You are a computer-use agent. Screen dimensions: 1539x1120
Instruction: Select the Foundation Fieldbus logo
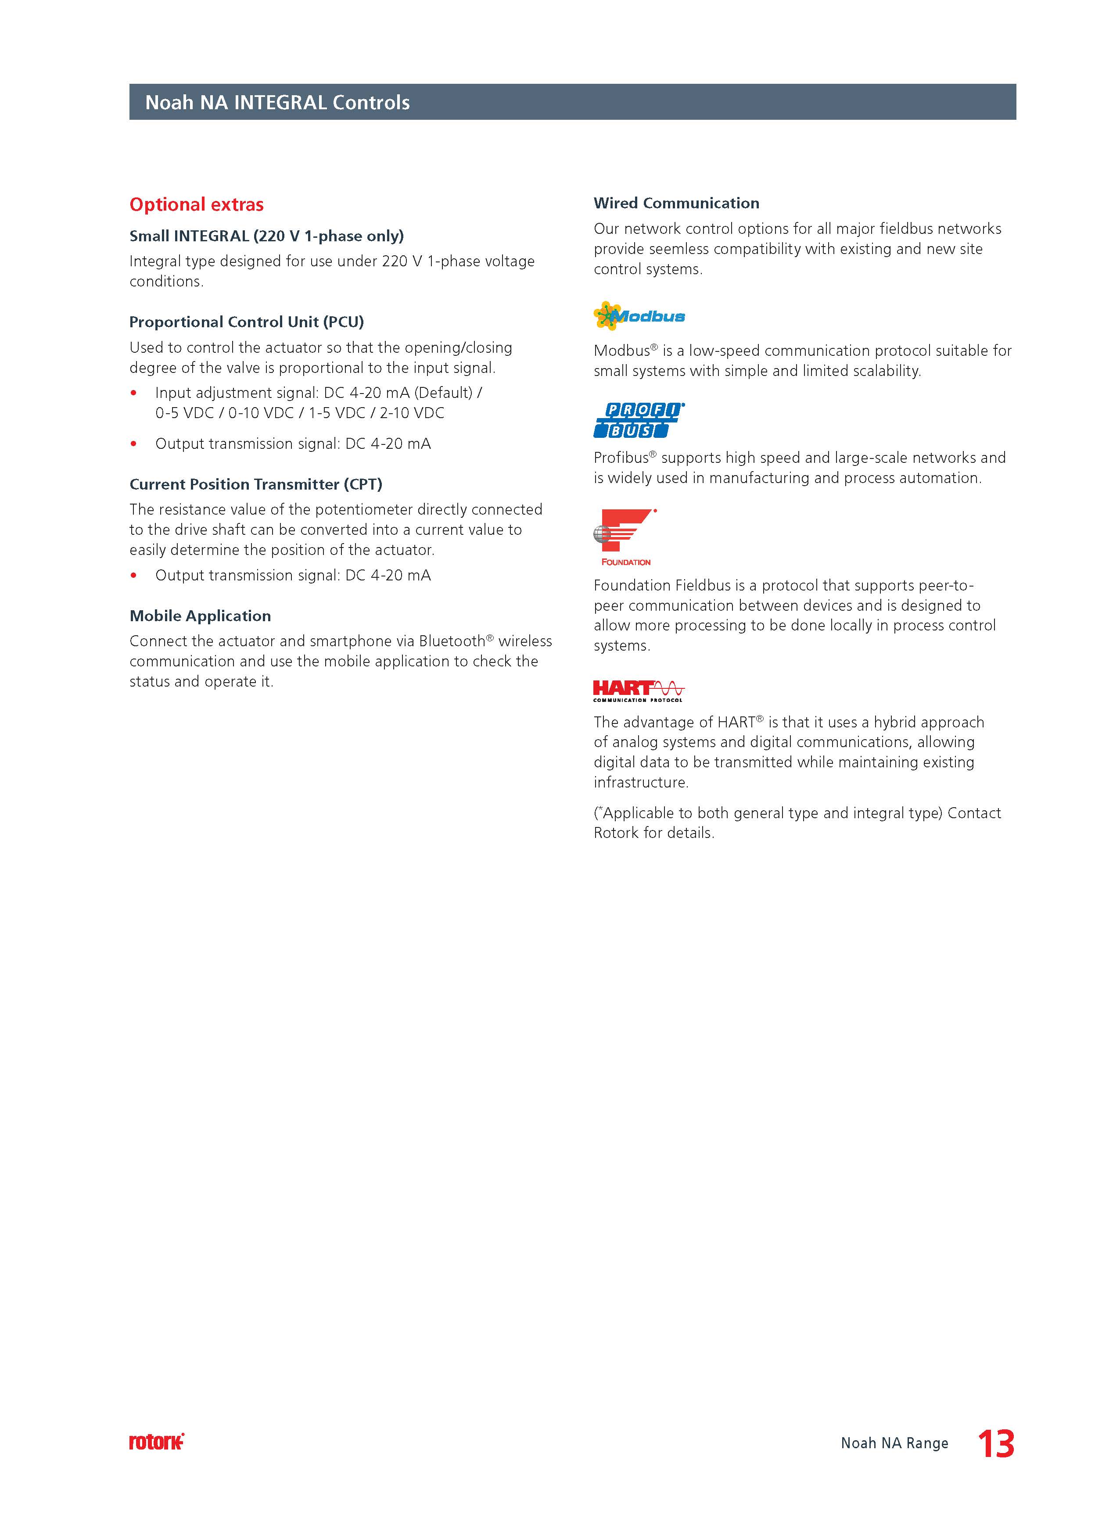pos(625,537)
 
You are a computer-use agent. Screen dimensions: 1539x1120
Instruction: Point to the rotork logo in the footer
pos(156,1442)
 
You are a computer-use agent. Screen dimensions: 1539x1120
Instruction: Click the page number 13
pos(996,1443)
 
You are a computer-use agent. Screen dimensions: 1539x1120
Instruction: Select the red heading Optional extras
pos(196,204)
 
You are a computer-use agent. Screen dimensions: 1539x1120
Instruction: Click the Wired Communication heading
pos(676,203)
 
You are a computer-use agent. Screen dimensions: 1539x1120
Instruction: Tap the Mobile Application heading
pos(200,616)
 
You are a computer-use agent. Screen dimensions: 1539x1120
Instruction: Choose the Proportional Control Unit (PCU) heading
pos(246,322)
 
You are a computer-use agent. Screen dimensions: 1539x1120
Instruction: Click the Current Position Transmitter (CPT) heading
pos(256,484)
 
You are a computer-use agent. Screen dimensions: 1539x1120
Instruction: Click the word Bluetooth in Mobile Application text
pos(452,641)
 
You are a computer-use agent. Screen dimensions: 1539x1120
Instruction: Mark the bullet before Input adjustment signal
pos(134,393)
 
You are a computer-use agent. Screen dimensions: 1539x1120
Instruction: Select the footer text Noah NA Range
pos(894,1443)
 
